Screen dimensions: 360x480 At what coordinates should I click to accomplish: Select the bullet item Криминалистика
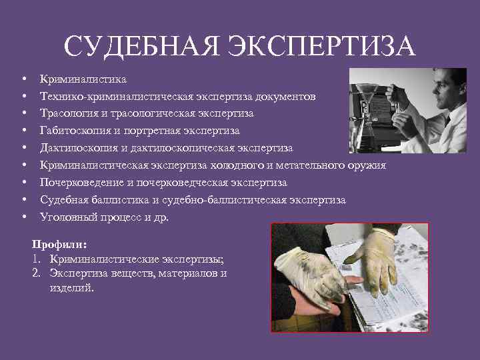(83, 79)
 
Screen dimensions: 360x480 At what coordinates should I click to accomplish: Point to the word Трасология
(68, 113)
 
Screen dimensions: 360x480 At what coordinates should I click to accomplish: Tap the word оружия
(366, 165)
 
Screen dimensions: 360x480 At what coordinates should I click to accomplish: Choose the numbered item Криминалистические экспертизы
(133, 259)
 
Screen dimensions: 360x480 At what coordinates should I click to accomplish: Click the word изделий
(71, 288)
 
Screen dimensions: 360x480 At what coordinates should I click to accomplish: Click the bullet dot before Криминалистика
(23, 79)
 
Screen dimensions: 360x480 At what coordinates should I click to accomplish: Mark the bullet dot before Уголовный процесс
(23, 217)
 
